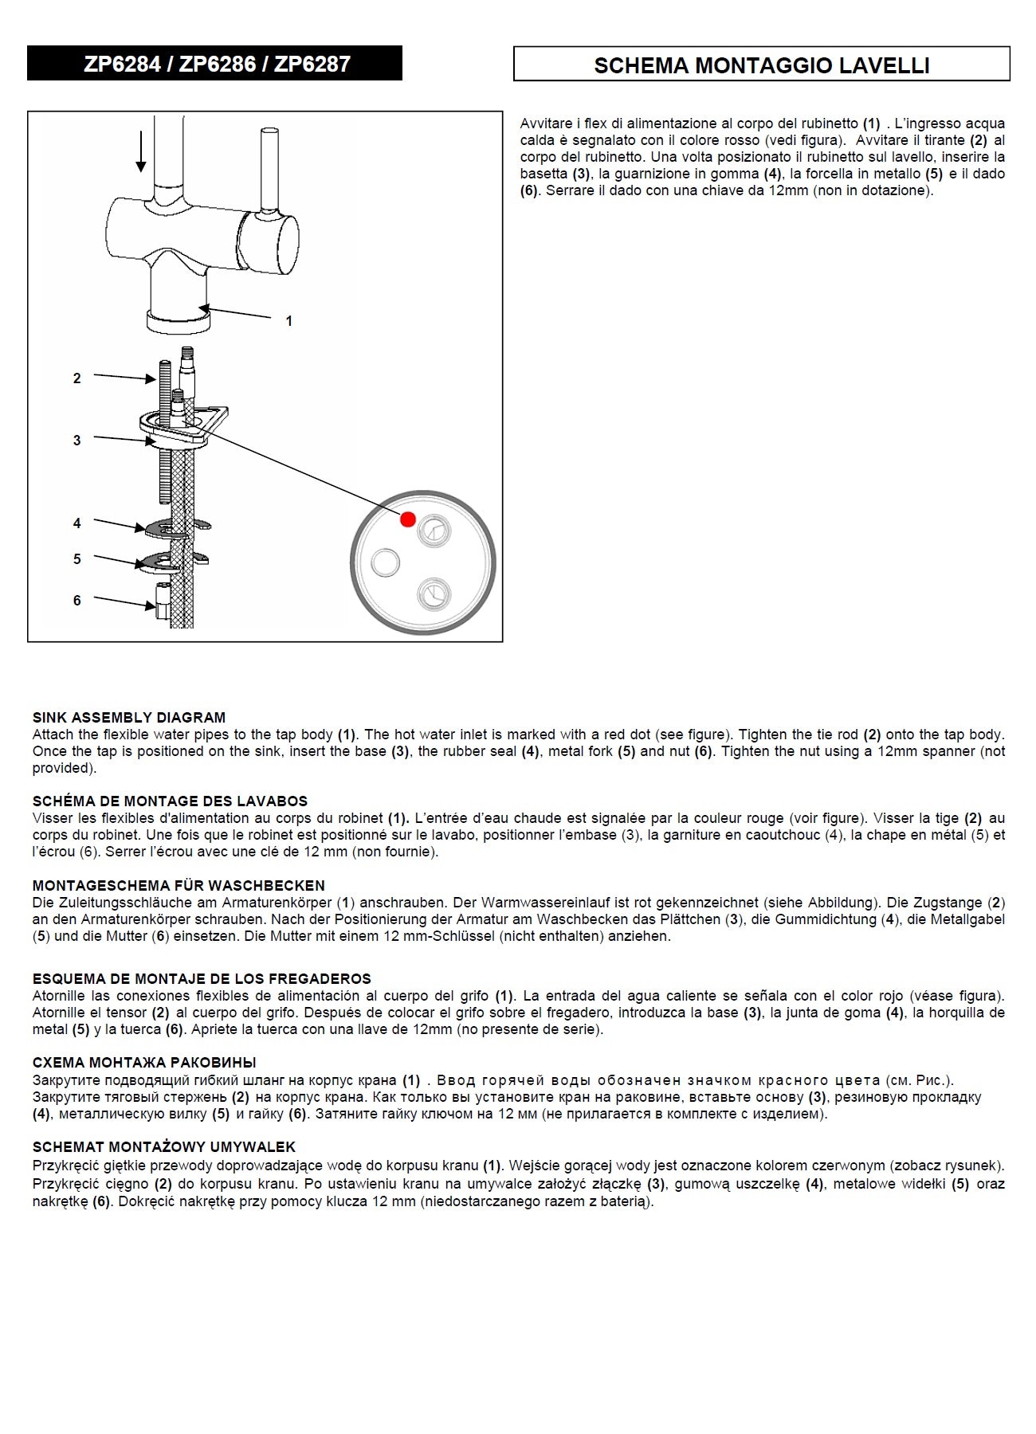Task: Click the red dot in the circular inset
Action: [x=408, y=519]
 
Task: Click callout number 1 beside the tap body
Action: [x=289, y=321]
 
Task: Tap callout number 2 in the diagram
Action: [x=77, y=378]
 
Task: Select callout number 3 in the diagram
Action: [x=77, y=440]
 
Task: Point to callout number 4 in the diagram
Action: [x=77, y=523]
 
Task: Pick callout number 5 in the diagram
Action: [x=77, y=559]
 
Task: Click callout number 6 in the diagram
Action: [x=77, y=601]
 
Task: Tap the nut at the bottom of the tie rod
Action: [x=161, y=602]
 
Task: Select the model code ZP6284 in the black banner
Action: [x=122, y=64]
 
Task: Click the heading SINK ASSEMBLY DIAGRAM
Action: [x=129, y=717]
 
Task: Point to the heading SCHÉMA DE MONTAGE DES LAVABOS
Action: [x=170, y=801]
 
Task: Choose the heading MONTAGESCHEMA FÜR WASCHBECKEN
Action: [x=179, y=885]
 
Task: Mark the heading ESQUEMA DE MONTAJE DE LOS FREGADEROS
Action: [x=202, y=978]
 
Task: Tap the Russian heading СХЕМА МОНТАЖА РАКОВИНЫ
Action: [x=144, y=1062]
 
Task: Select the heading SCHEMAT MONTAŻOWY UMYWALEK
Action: [x=164, y=1146]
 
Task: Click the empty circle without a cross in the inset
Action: [x=386, y=562]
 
